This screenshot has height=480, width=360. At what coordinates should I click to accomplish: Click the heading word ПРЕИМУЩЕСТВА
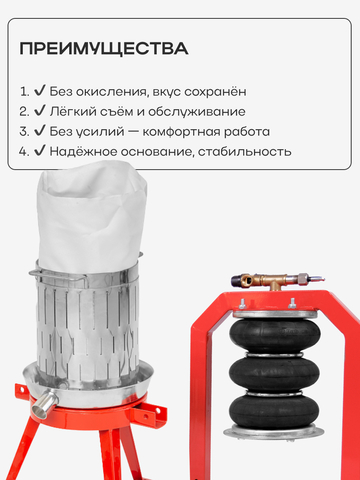pyautogui.click(x=104, y=49)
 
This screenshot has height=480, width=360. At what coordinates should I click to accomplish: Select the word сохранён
pyautogui.click(x=215, y=91)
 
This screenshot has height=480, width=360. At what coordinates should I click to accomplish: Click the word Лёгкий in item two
pyautogui.click(x=69, y=111)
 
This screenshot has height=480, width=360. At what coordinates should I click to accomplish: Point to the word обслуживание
pyautogui.click(x=197, y=111)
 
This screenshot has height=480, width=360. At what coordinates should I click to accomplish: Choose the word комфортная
pyautogui.click(x=181, y=132)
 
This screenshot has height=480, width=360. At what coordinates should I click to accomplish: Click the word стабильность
pyautogui.click(x=245, y=152)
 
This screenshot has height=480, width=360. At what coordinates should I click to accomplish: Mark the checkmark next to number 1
pyautogui.click(x=40, y=91)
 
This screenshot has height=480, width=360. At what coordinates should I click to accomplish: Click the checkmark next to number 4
pyautogui.click(x=40, y=151)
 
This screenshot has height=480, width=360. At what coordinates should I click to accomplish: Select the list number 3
pyautogui.click(x=24, y=132)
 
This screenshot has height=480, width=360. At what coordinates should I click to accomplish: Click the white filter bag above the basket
pyautogui.click(x=91, y=217)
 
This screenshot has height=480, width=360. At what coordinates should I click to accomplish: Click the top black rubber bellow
pyautogui.click(x=275, y=335)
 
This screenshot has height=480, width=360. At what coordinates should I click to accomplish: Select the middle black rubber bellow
pyautogui.click(x=274, y=373)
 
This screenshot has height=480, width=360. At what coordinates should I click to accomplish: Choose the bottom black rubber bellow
pyautogui.click(x=274, y=411)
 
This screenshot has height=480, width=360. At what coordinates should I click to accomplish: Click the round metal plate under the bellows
pyautogui.click(x=274, y=432)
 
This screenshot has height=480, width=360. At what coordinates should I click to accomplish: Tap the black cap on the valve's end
pyautogui.click(x=237, y=280)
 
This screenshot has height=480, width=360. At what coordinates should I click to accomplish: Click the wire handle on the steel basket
pyautogui.click(x=57, y=276)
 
